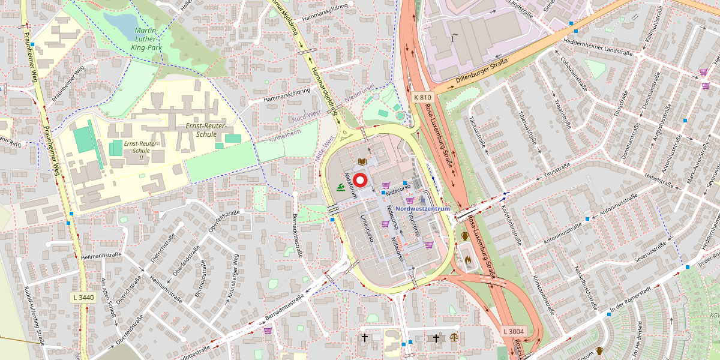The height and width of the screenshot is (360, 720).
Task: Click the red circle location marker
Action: coord(361,179)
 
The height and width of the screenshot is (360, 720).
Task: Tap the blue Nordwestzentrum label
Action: coord(422,208)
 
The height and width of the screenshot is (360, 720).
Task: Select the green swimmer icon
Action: coord(341,188)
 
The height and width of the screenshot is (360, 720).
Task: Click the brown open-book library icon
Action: coord(362,161)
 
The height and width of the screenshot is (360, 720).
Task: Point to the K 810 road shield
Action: coord(422,97)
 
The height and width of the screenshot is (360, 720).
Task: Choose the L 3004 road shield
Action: coord(514,331)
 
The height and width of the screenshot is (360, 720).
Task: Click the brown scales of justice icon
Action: coord(453,338)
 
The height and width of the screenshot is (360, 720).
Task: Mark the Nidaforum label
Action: coord(350,187)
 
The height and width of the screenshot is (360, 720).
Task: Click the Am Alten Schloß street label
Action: coord(108,298)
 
